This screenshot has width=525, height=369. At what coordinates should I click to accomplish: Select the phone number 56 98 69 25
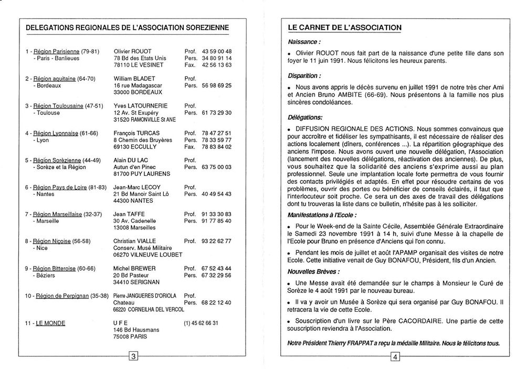pos(217,85)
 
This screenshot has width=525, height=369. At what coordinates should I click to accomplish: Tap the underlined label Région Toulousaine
pos(57,106)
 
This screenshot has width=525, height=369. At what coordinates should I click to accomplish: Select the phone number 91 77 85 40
pos(216,222)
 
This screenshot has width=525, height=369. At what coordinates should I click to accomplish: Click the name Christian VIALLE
pos(135,241)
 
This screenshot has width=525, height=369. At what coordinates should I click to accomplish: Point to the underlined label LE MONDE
pos(50,323)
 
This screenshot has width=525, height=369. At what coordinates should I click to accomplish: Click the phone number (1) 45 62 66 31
pos(202,323)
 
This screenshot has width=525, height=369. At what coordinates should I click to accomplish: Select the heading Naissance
pos(304,41)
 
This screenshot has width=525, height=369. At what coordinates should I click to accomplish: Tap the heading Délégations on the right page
pos(306,117)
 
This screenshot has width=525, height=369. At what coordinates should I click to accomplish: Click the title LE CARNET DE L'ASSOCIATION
pos(345,27)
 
